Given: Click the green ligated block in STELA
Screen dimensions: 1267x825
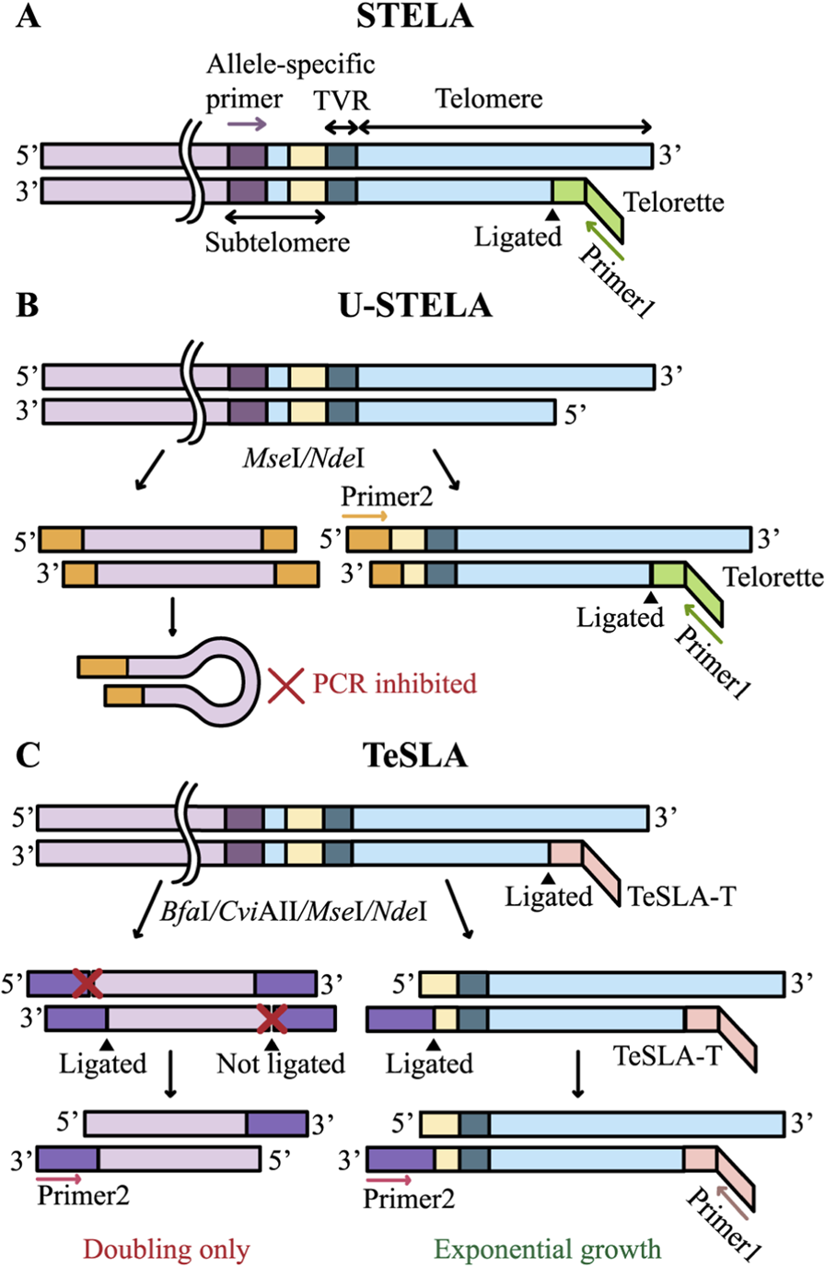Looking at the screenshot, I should pyautogui.click(x=568, y=192).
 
